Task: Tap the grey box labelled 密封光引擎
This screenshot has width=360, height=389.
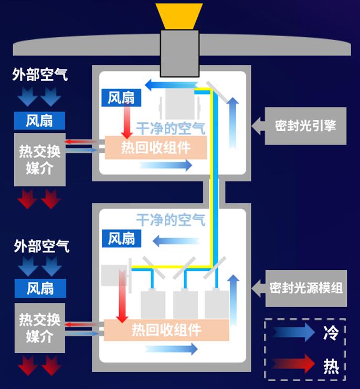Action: [305, 126]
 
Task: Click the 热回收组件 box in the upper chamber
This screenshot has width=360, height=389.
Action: [155, 148]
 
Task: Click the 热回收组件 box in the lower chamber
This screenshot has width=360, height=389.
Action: [166, 330]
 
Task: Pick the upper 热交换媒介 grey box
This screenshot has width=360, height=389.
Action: [40, 160]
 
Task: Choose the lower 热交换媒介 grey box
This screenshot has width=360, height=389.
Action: [40, 328]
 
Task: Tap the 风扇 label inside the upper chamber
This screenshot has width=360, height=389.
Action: [121, 98]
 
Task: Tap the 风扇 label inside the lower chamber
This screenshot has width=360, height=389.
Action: [121, 238]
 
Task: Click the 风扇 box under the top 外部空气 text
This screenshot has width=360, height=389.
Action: [40, 121]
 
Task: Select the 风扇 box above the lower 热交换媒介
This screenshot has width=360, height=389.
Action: [40, 288]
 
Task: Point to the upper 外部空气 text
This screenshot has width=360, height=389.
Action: [40, 75]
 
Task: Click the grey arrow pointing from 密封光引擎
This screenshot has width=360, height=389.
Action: [257, 126]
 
